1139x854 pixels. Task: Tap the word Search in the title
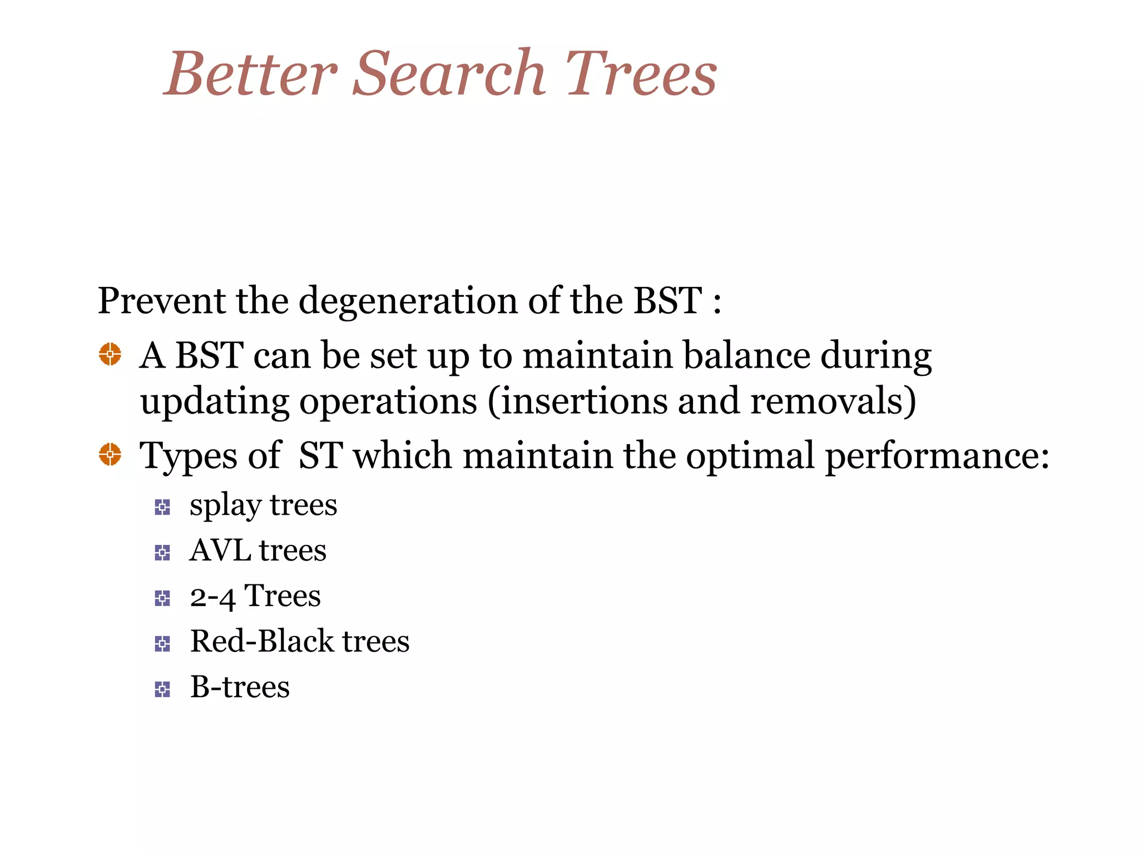pyautogui.click(x=449, y=74)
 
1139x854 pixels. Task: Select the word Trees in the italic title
pyautogui.click(x=641, y=74)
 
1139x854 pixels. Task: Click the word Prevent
pyautogui.click(x=161, y=301)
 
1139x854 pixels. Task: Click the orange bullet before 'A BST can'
pyautogui.click(x=110, y=354)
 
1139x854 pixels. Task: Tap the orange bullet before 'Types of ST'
pyautogui.click(x=110, y=454)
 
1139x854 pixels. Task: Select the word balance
pyautogui.click(x=746, y=355)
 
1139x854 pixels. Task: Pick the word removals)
pyautogui.click(x=833, y=401)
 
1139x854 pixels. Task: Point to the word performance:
pyautogui.click(x=937, y=456)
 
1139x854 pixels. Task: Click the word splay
pyautogui.click(x=225, y=507)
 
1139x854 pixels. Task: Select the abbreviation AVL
pyautogui.click(x=220, y=550)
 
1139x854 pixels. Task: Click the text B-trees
pyautogui.click(x=240, y=687)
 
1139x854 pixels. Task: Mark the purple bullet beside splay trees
pyautogui.click(x=162, y=507)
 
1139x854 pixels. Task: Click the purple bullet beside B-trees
pyautogui.click(x=162, y=689)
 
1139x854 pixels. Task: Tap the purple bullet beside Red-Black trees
pyautogui.click(x=162, y=644)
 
